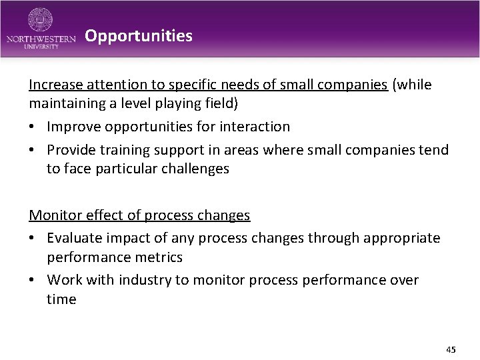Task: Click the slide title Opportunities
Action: [139, 36]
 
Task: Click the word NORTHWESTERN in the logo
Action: [41, 39]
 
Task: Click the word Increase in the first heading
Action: [55, 85]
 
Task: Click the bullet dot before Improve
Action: [33, 127]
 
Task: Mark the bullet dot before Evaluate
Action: [33, 239]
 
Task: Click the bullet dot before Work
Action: [33, 280]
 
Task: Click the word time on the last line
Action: [61, 299]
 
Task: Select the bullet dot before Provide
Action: [33, 150]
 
